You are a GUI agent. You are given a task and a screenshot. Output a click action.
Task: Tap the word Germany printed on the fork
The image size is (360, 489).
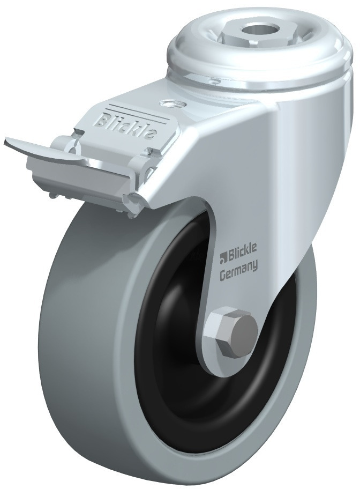click(x=239, y=266)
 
